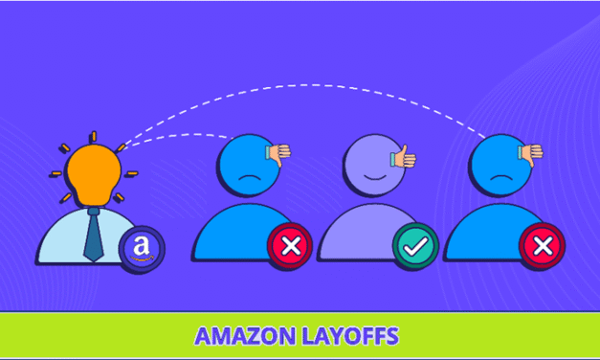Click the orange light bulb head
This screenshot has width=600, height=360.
[x=93, y=171]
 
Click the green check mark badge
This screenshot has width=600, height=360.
[x=415, y=248]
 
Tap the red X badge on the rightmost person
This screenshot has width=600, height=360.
[x=542, y=248]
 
